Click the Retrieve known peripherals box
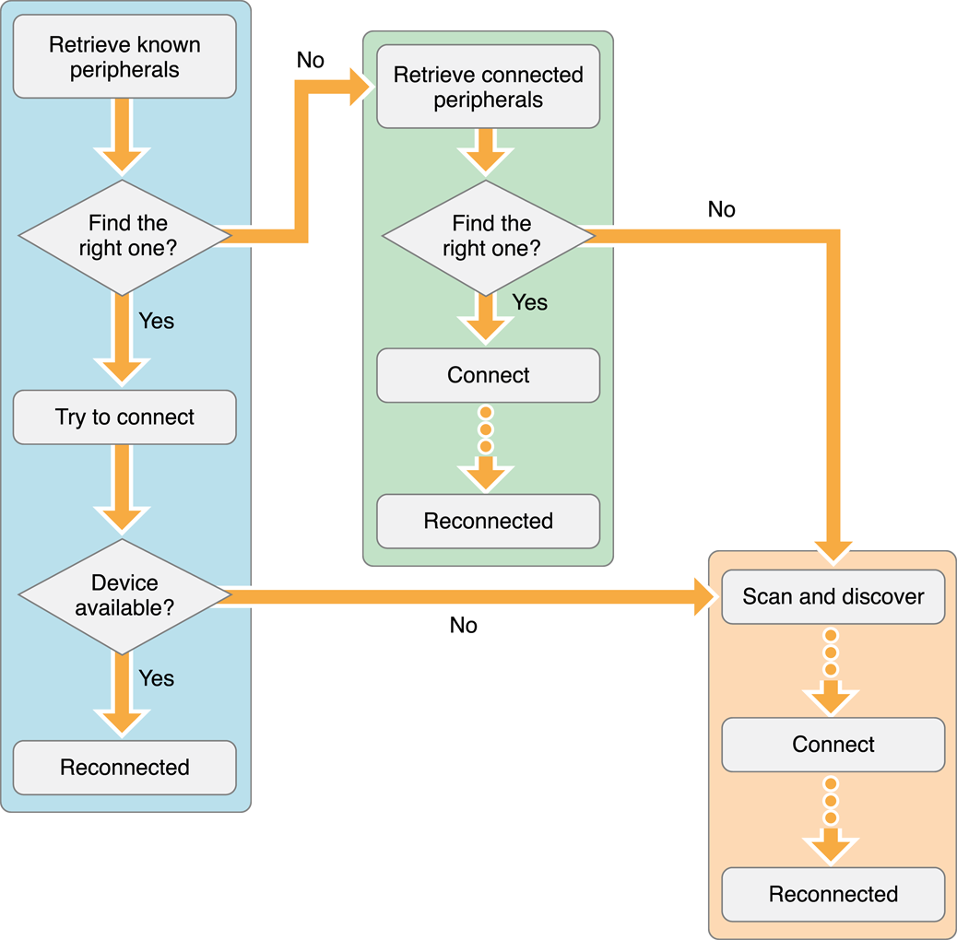point(124,57)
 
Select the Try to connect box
point(124,417)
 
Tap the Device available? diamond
point(124,595)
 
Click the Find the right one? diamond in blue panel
point(124,236)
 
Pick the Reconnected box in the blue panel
point(124,768)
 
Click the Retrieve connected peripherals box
point(488,88)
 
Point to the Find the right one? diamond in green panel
point(488,236)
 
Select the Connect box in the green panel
point(488,375)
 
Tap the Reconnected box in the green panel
point(488,521)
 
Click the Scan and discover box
point(833,596)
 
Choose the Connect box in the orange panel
point(833,745)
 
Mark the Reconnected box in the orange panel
point(833,894)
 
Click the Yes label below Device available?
point(156,678)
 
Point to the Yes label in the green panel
point(529,302)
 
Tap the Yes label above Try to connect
point(156,321)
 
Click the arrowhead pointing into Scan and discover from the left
point(705,596)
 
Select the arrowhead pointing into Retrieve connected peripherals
point(360,88)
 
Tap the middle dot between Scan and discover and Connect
point(831,652)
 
